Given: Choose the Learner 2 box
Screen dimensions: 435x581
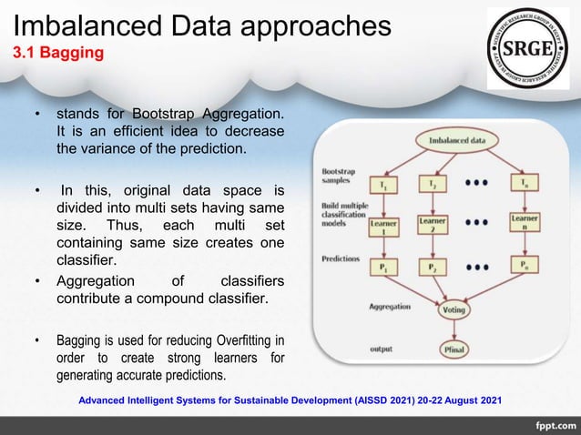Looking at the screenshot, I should pyautogui.click(x=432, y=224).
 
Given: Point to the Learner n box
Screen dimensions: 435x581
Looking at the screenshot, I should pyautogui.click(x=524, y=224).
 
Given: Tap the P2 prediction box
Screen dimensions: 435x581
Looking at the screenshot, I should pyautogui.click(x=432, y=267).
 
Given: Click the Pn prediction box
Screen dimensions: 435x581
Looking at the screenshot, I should pyautogui.click(x=523, y=266).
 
